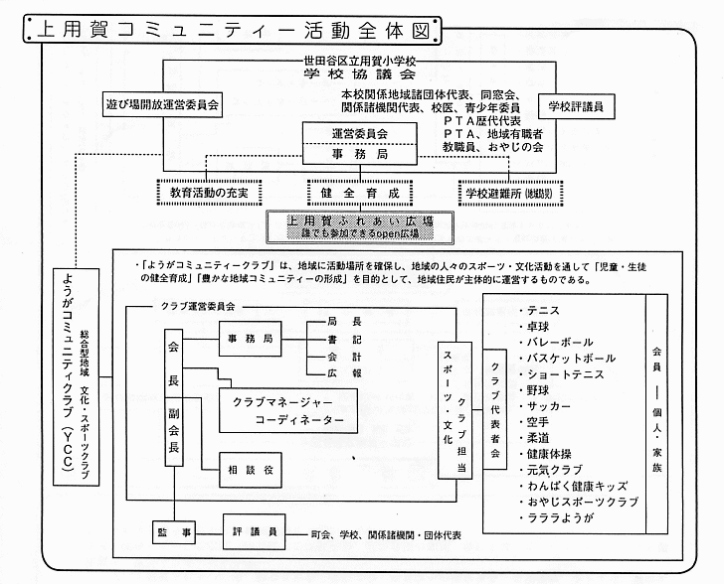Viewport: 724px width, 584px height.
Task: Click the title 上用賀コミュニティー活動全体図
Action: coord(228,30)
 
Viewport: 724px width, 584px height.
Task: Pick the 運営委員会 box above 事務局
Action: coord(360,133)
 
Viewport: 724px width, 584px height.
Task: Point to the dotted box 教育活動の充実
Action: coord(209,191)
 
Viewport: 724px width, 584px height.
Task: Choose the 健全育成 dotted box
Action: coord(360,191)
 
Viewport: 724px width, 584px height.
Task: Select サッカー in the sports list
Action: coord(550,406)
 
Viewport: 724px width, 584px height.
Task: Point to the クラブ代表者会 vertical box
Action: coord(494,406)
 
